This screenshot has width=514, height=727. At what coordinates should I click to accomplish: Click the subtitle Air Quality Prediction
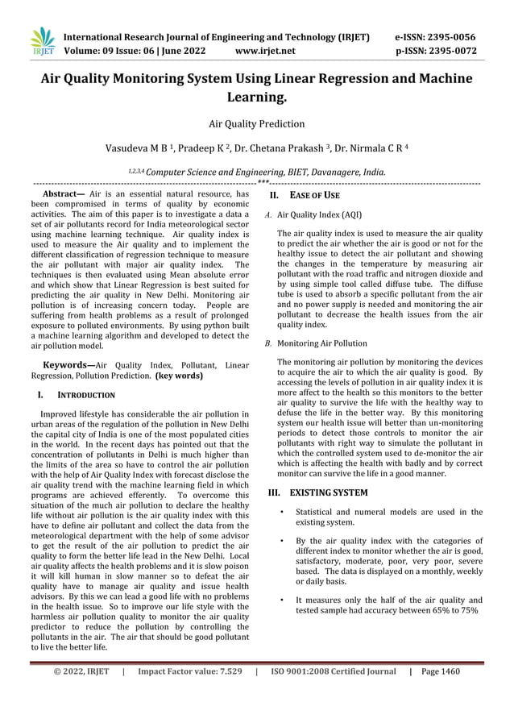(256, 124)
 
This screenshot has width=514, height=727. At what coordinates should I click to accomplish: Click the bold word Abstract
(63, 194)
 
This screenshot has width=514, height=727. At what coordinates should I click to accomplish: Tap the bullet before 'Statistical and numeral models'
(281, 513)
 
